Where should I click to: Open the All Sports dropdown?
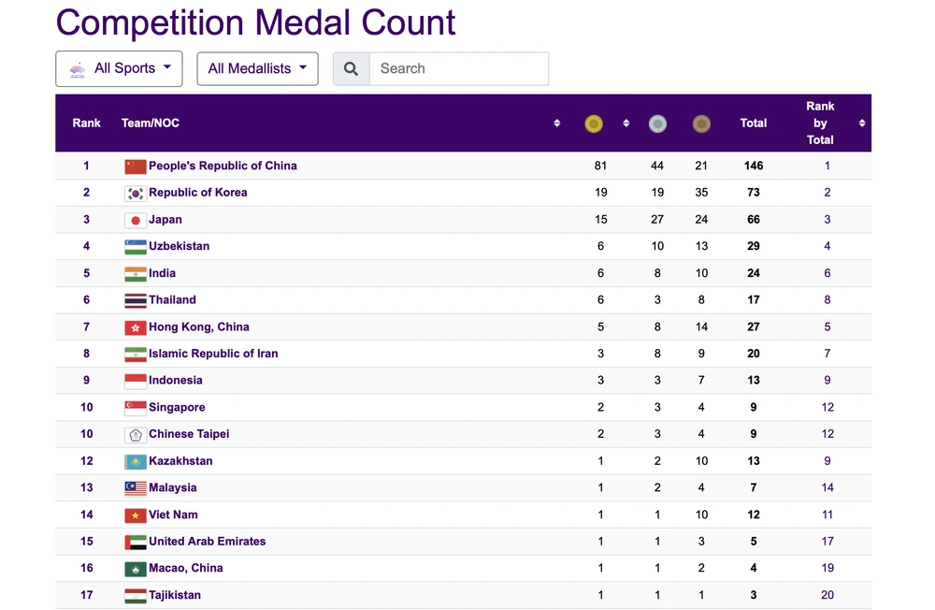click(119, 68)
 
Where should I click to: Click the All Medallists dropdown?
click(257, 68)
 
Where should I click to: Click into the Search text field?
click(458, 68)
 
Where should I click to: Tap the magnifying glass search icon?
click(352, 68)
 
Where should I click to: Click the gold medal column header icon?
click(594, 123)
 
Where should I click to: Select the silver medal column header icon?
click(657, 123)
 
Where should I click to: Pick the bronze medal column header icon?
click(701, 123)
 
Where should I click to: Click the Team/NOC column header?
click(151, 123)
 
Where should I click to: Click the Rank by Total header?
click(820, 123)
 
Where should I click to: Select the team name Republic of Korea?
click(198, 193)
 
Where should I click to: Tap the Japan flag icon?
click(136, 220)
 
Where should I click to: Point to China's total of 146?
click(754, 166)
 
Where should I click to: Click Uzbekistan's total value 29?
click(754, 246)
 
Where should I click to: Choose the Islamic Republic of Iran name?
click(213, 354)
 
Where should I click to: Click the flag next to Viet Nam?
click(136, 516)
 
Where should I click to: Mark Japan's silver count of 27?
click(657, 220)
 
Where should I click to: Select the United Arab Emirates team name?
click(208, 542)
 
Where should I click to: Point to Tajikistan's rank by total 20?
click(827, 595)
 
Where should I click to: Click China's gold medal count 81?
click(600, 166)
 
